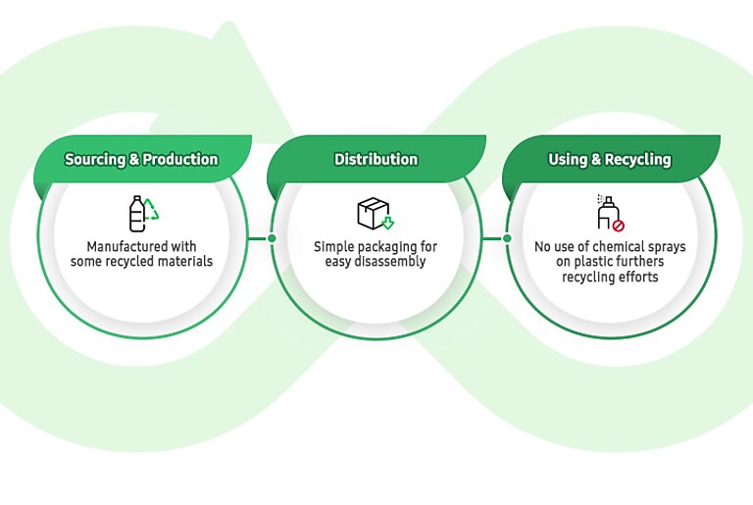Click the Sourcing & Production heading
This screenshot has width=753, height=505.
click(x=141, y=159)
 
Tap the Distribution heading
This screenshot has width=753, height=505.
click(x=376, y=159)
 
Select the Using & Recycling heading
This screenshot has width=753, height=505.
click(x=609, y=159)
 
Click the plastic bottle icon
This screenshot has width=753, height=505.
click(x=137, y=214)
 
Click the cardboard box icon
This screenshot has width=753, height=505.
click(x=372, y=212)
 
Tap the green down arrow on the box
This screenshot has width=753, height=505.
click(x=387, y=223)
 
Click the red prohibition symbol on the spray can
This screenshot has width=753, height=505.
click(x=618, y=225)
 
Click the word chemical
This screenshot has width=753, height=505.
click(x=615, y=246)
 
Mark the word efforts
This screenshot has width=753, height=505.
click(x=636, y=277)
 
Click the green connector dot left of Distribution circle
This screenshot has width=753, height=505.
click(x=272, y=237)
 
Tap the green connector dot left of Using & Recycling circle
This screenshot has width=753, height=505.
click(x=507, y=237)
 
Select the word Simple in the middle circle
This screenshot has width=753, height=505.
click(x=332, y=246)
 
